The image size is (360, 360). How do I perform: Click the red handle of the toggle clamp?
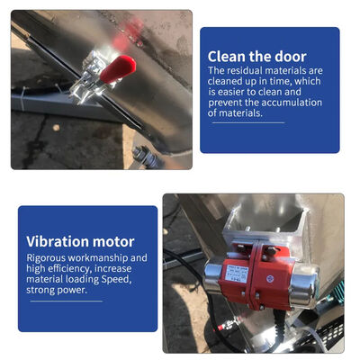(118, 68)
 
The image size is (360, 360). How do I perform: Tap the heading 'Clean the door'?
(256, 57)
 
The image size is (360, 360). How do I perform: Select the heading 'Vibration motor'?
(80, 241)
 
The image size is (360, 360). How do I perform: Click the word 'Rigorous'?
(46, 258)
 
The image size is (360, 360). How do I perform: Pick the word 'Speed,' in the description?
(116, 280)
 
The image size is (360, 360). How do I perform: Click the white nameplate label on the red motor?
(237, 274)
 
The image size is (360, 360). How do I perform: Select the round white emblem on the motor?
(270, 279)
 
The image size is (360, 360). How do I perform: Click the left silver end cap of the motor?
(212, 278)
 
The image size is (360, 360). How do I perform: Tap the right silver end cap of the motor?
(303, 287)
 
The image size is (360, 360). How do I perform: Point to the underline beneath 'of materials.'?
(248, 122)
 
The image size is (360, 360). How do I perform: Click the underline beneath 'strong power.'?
(67, 301)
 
